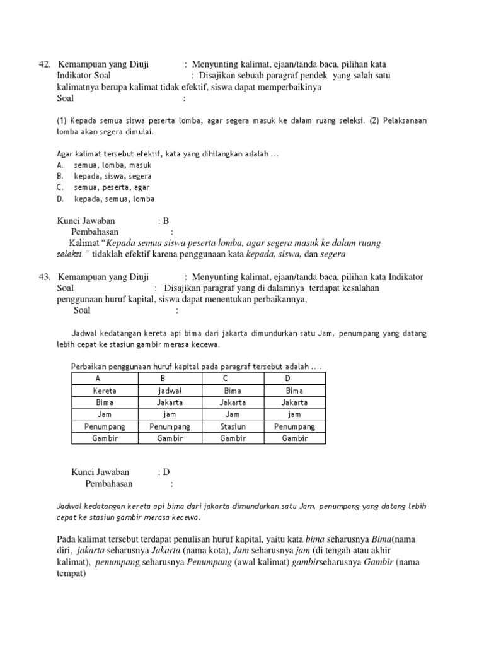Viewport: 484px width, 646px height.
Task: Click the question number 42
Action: pos(44,64)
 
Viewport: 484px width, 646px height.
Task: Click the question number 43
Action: pos(44,277)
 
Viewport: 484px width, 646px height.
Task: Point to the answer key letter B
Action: pos(166,221)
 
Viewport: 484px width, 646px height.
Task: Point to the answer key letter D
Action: pos(166,472)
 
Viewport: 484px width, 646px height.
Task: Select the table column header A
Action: pos(98,379)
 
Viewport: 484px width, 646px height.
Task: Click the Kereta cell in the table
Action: pos(105,391)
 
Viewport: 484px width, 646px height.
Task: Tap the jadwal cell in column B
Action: pos(170,391)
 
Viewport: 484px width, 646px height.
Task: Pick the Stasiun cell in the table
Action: pos(233,426)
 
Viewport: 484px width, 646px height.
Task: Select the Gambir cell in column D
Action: pos(294,438)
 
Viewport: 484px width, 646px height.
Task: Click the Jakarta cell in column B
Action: pos(170,402)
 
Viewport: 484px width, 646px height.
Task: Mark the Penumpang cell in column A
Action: pos(105,426)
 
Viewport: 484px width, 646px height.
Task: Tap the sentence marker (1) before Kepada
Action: pos(62,120)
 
